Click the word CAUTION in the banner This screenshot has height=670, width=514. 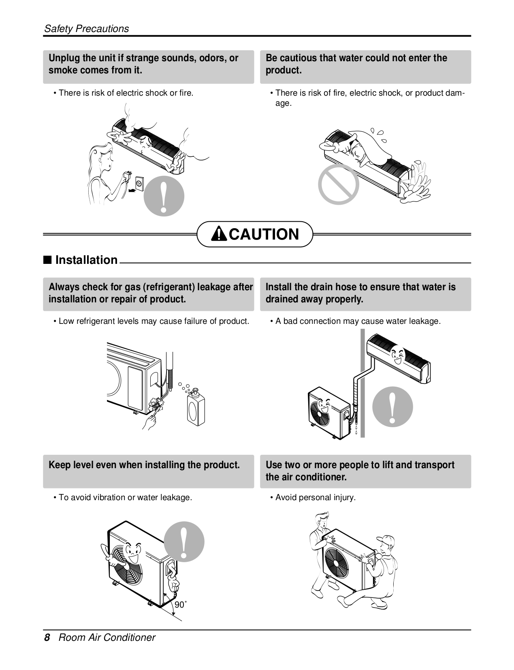264,234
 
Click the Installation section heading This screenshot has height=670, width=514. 86,260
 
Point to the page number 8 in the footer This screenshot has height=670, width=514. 47,638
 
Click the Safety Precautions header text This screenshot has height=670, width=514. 86,28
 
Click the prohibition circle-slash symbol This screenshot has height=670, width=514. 339,184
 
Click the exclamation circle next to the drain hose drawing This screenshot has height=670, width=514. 392,407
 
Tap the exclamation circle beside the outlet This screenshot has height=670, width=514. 164,196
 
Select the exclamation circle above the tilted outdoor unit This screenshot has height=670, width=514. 184,542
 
